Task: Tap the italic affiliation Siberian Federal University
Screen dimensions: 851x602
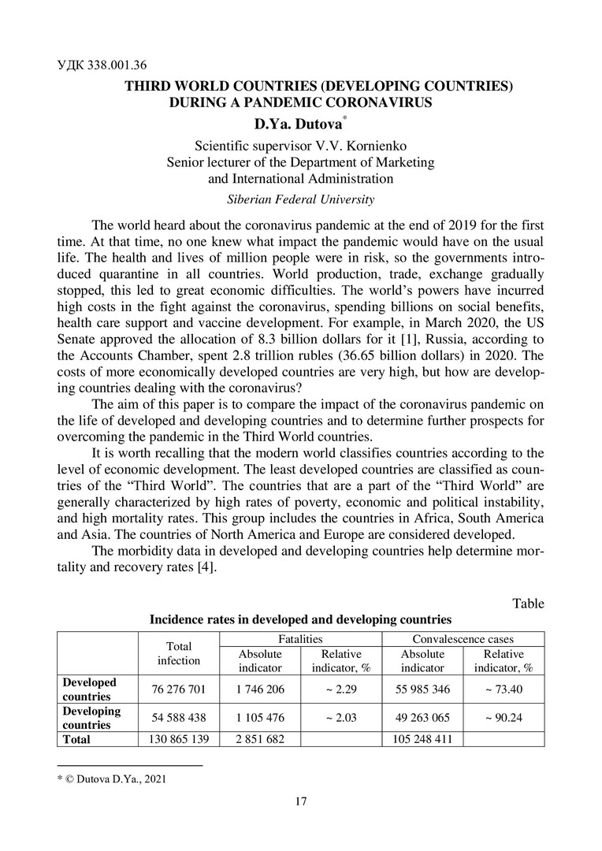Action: click(300, 199)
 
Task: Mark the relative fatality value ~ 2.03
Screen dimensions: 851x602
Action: click(343, 719)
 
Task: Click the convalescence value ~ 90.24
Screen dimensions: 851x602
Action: click(503, 719)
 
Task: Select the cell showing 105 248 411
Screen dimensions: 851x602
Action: click(422, 740)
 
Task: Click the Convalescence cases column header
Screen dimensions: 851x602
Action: click(463, 638)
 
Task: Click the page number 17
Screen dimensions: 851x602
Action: click(300, 801)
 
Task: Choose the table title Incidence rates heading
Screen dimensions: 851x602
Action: click(300, 619)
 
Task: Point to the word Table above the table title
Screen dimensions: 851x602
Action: click(528, 604)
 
